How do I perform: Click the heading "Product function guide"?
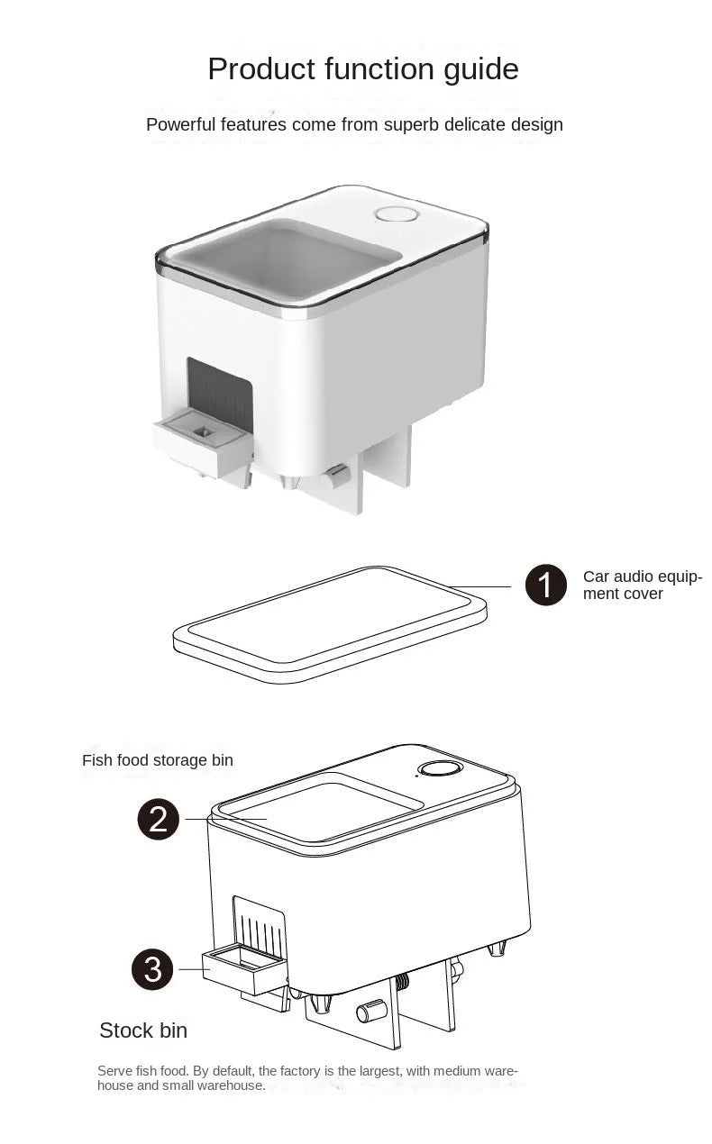pyautogui.click(x=362, y=69)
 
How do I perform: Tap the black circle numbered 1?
pyautogui.click(x=545, y=586)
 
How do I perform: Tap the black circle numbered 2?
pyautogui.click(x=158, y=819)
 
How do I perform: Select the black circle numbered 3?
pyautogui.click(x=152, y=968)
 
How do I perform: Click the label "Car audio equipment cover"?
pyautogui.click(x=642, y=585)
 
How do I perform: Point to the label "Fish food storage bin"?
pyautogui.click(x=157, y=760)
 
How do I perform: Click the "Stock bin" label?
pyautogui.click(x=143, y=1031)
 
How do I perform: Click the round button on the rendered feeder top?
pyautogui.click(x=396, y=214)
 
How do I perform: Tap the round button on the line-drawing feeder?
pyautogui.click(x=441, y=768)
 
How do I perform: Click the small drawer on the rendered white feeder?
pyautogui.click(x=202, y=441)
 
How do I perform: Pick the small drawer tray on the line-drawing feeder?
pyautogui.click(x=243, y=969)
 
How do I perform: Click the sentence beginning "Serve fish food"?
pyautogui.click(x=307, y=1078)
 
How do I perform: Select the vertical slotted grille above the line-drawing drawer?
pyautogui.click(x=260, y=924)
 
